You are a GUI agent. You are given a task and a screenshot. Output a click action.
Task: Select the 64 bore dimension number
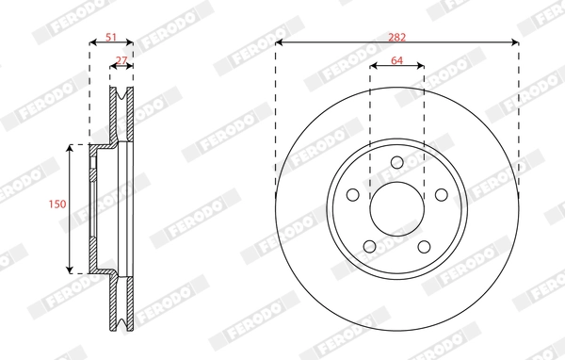tap(396, 60)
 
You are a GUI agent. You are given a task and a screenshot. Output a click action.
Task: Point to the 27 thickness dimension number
tap(121, 60)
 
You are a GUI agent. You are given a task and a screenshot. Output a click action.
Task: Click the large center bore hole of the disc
tap(396, 208)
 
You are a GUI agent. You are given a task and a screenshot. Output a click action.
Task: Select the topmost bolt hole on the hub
tap(396, 163)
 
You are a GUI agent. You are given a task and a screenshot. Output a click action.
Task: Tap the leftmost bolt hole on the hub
tap(353, 195)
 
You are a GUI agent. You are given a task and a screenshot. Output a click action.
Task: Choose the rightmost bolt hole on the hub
tap(440, 194)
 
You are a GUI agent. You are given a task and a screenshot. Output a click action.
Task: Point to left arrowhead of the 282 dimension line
tap(280, 42)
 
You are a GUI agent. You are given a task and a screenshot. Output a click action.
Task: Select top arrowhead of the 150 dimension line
tap(71, 148)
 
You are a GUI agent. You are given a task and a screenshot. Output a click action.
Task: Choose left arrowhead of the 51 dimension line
tap(92, 43)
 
